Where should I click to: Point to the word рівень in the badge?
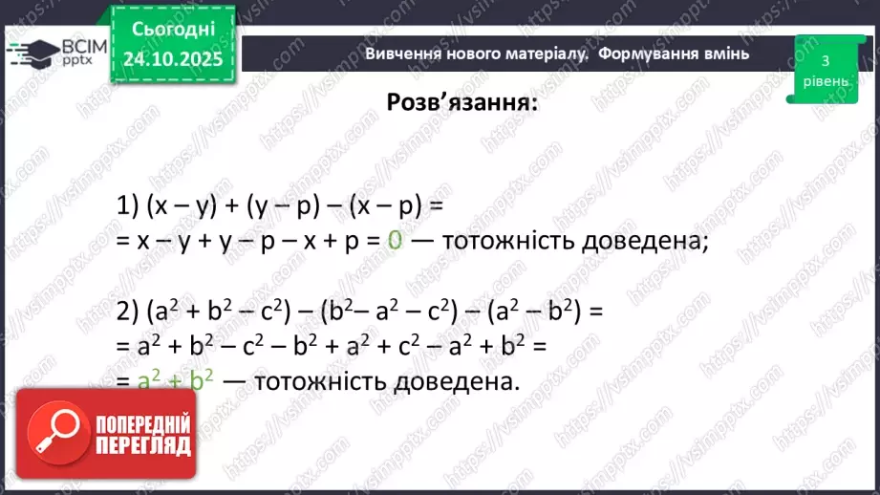click(825, 81)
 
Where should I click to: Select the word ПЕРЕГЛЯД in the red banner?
click(143, 445)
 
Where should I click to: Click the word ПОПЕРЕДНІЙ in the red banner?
click(143, 424)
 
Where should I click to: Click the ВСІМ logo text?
click(80, 45)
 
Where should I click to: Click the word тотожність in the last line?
click(315, 380)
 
